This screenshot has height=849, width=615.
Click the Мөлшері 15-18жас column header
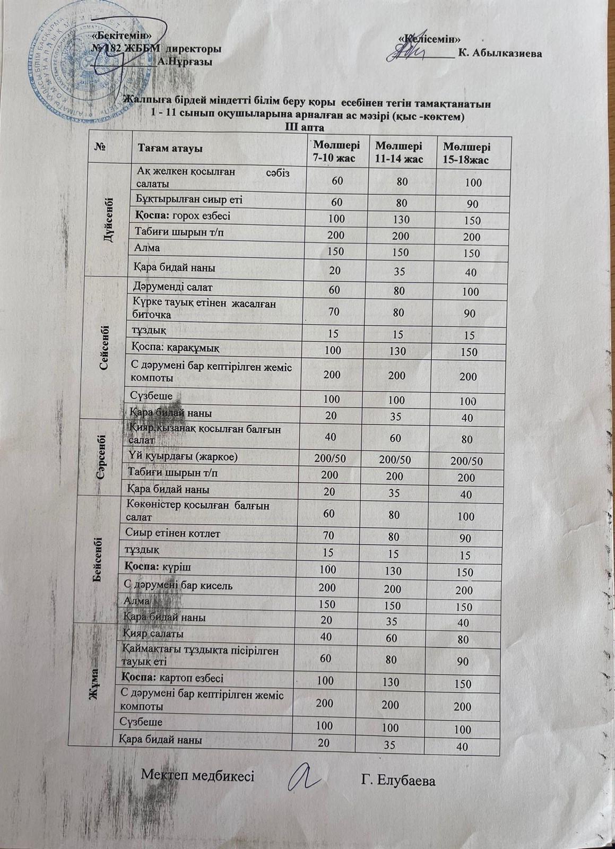(x=467, y=152)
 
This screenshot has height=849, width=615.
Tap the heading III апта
(x=305, y=127)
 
